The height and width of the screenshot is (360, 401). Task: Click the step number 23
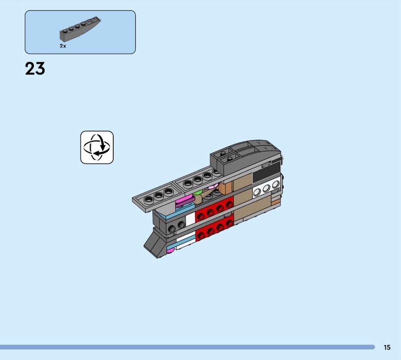click(x=35, y=69)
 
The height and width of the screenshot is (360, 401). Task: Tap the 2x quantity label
click(x=63, y=46)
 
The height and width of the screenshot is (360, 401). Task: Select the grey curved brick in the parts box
click(x=80, y=29)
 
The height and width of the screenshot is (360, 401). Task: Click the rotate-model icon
click(x=97, y=147)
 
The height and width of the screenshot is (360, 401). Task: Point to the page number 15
click(x=387, y=347)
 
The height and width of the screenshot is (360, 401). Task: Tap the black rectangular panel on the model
click(x=267, y=172)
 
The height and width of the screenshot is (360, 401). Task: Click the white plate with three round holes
click(x=267, y=189)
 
